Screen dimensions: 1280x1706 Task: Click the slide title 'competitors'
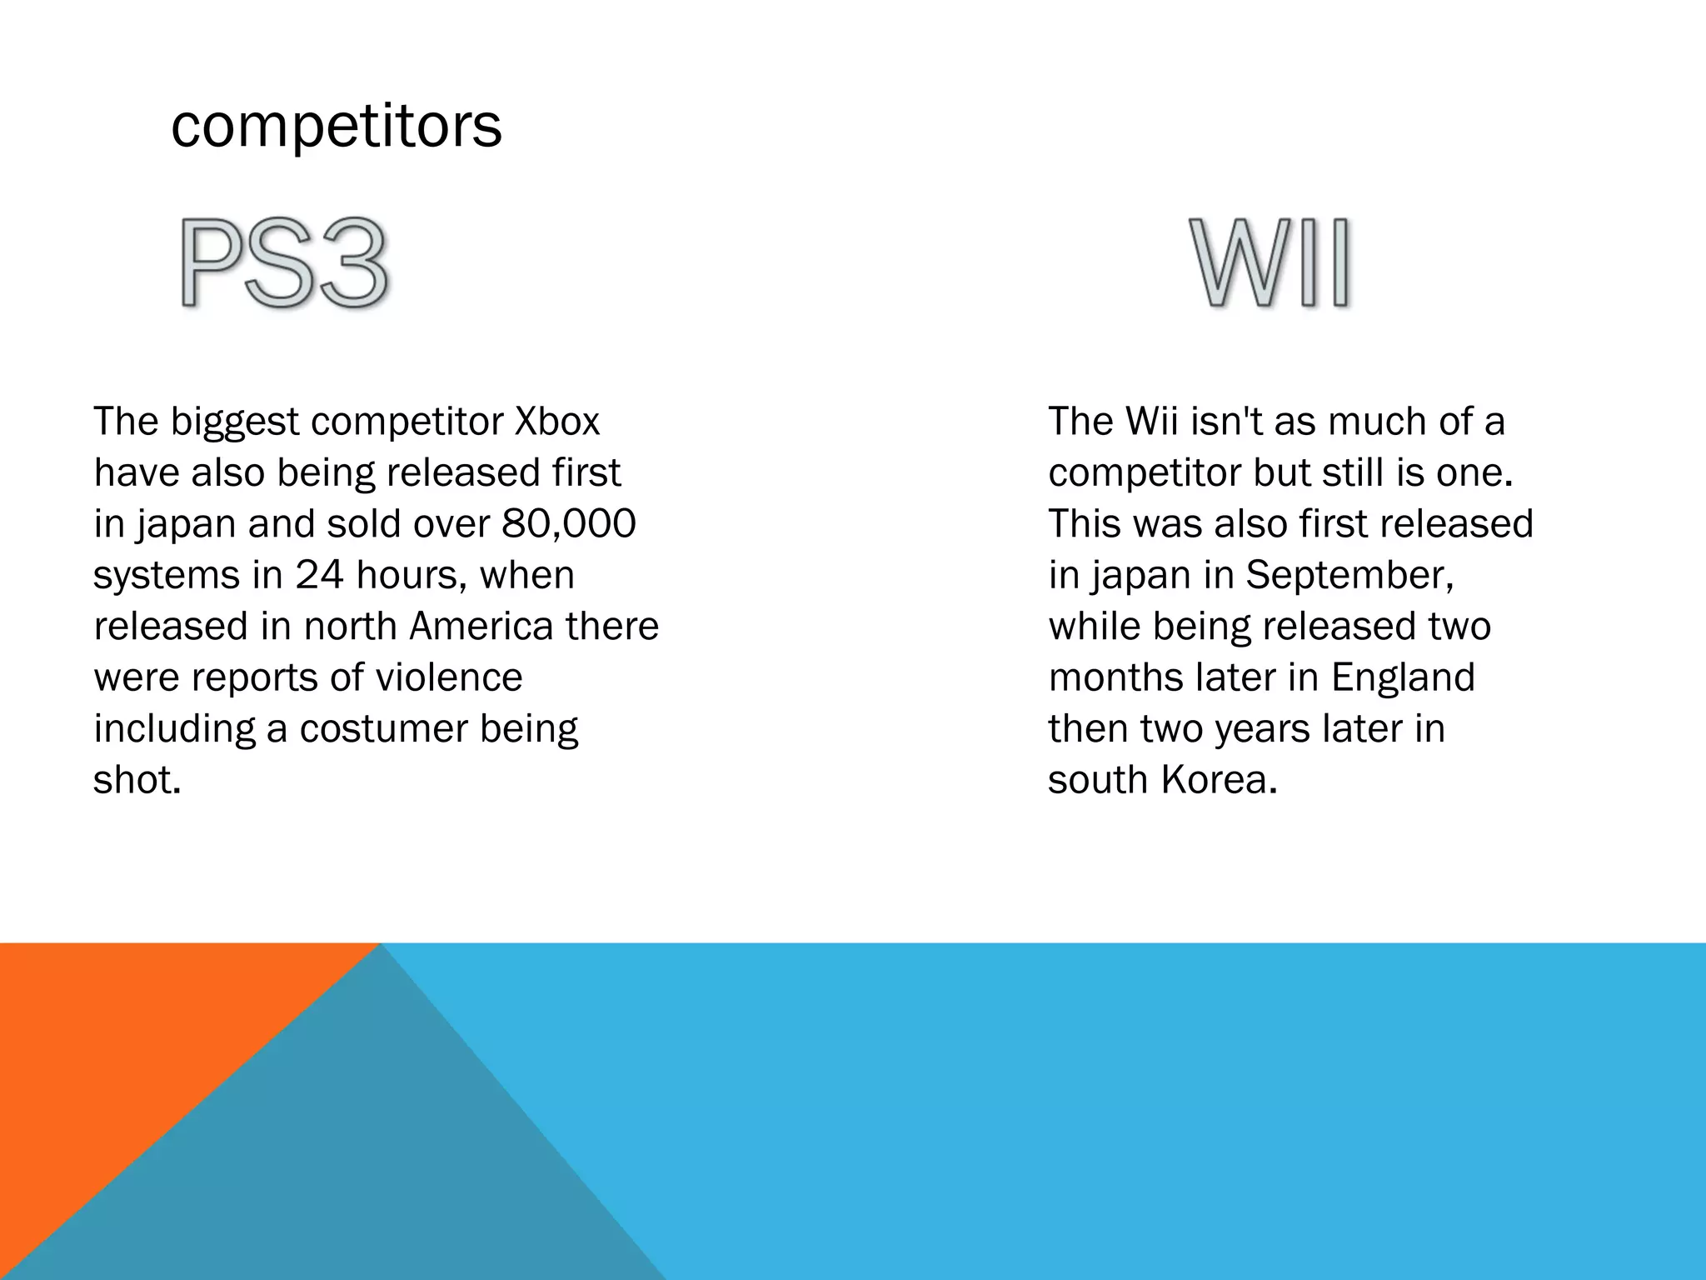click(337, 126)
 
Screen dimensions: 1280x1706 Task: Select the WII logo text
click(1270, 264)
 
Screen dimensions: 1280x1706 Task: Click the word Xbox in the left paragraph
click(557, 422)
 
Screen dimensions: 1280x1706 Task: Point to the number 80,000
click(569, 524)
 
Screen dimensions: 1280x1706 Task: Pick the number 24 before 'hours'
click(320, 575)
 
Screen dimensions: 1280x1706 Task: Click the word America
click(481, 627)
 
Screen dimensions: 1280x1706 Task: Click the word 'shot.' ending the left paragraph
click(137, 780)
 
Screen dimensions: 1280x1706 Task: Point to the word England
click(1403, 677)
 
